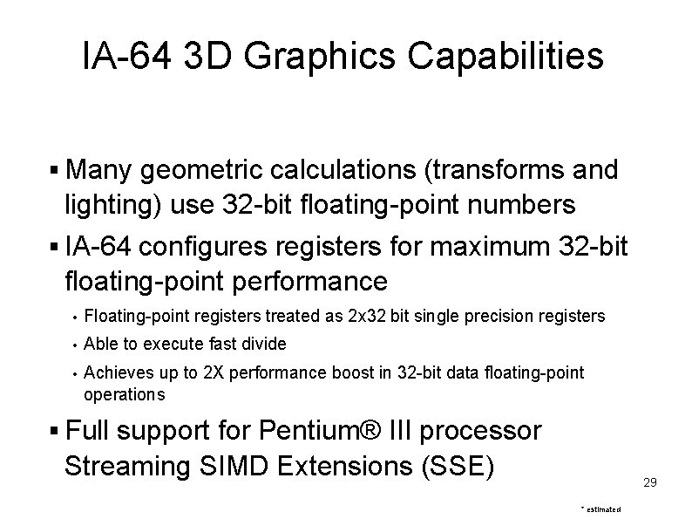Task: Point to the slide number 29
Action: (x=649, y=481)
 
